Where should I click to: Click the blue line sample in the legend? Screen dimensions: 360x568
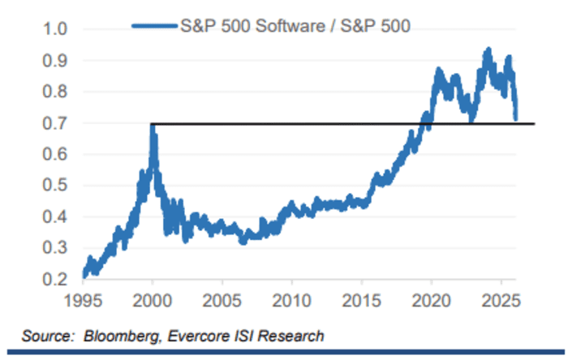point(153,26)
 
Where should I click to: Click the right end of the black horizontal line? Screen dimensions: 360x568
point(534,124)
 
